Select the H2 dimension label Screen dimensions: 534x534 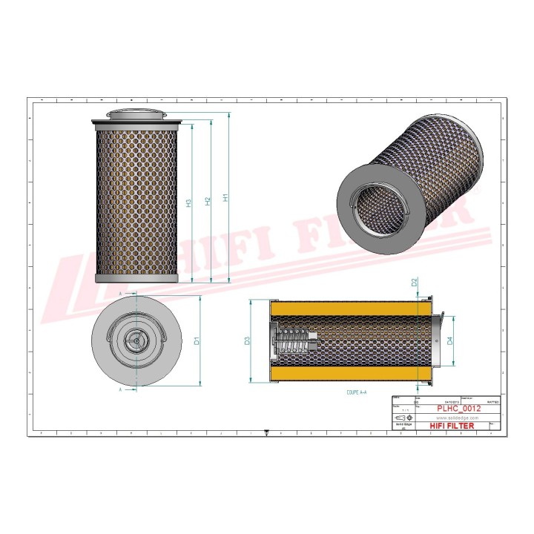208,200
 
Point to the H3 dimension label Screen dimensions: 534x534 189,202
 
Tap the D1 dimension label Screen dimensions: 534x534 197,341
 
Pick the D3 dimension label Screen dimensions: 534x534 248,341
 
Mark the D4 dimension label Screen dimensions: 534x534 449,342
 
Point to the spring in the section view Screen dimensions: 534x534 292,342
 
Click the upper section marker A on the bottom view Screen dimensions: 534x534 121,294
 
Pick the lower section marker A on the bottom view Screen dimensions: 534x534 121,388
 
